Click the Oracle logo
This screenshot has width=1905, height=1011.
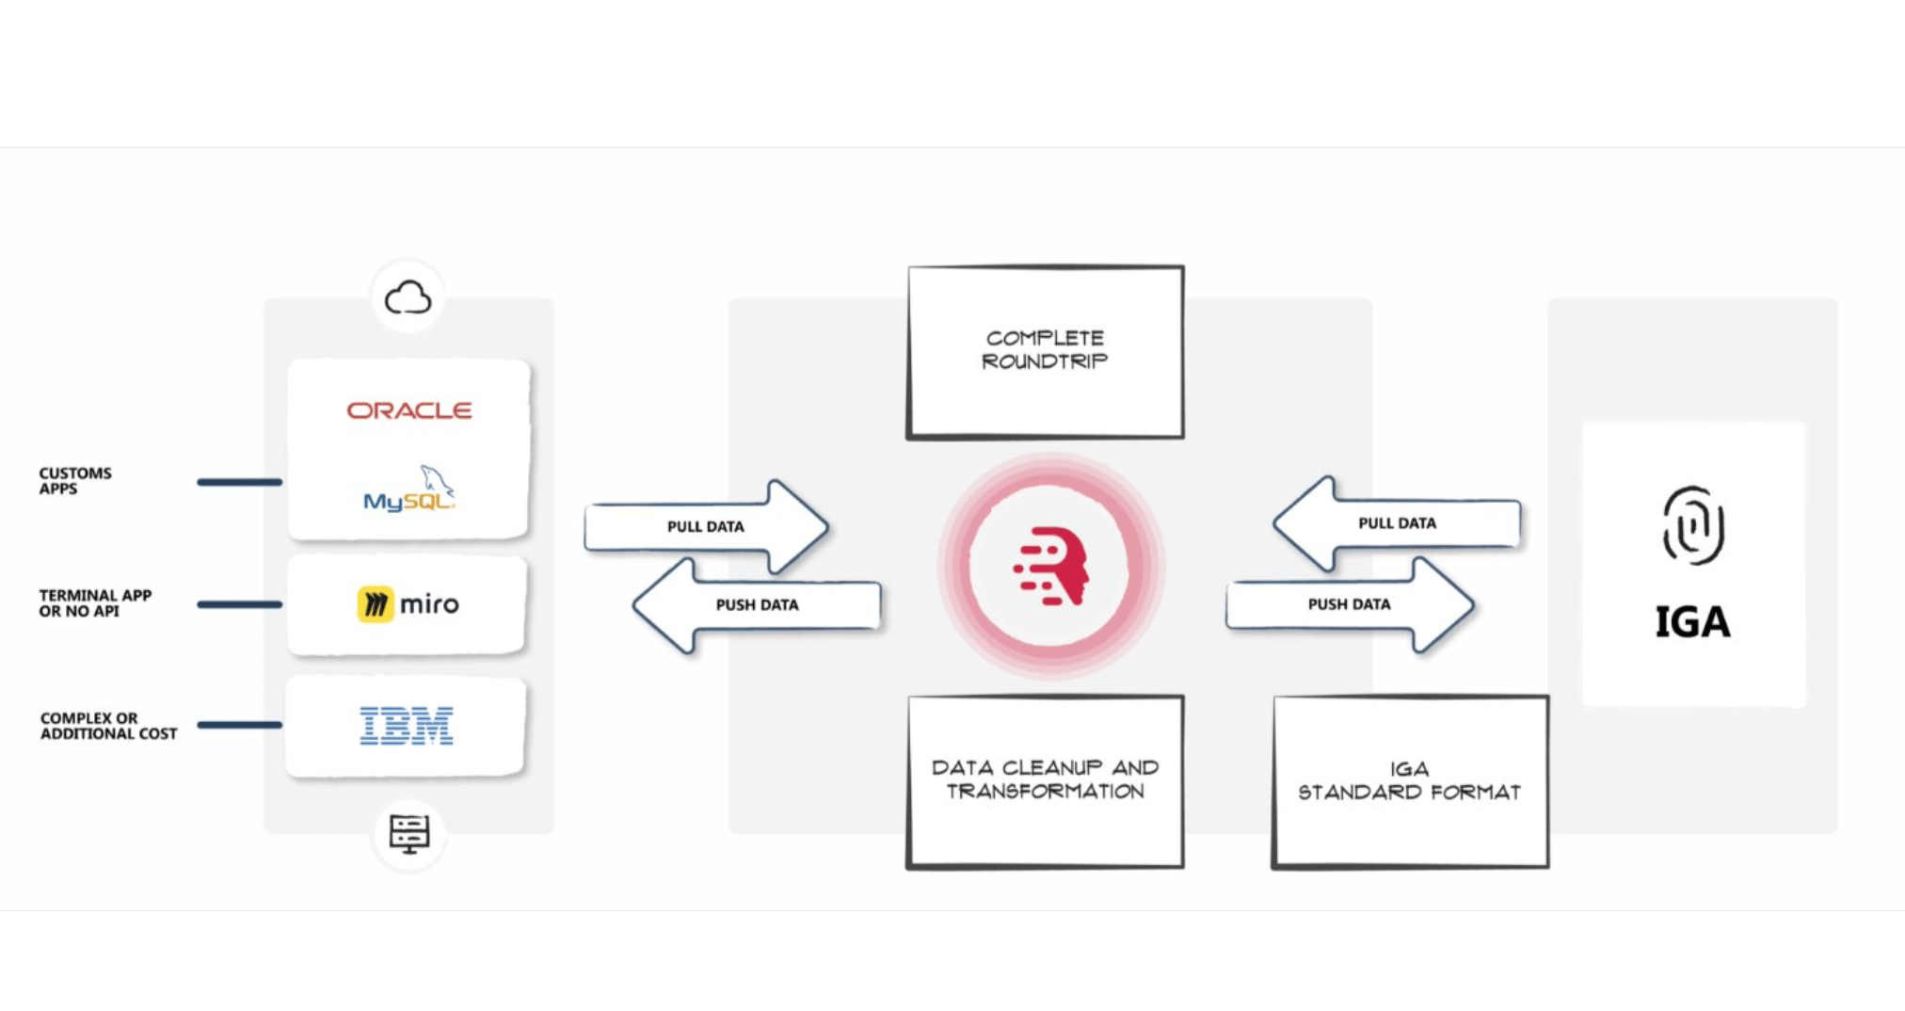(409, 410)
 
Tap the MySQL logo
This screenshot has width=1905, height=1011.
(409, 489)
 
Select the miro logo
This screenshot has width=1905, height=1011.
(408, 604)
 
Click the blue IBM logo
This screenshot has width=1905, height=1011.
(407, 726)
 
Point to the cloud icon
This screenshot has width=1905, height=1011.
(408, 298)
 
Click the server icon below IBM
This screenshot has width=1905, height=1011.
(409, 833)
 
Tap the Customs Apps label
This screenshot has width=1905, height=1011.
(75, 481)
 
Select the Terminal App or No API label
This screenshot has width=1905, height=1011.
(95, 603)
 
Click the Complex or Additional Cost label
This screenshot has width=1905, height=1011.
(108, 726)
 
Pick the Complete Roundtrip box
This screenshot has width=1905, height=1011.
(1045, 352)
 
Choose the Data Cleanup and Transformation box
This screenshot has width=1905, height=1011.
(1045, 781)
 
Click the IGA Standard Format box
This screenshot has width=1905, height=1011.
(1410, 781)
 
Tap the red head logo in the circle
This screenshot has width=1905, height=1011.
(1051, 566)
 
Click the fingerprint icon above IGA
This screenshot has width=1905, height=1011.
(1693, 525)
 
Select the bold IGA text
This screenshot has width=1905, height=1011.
(1692, 622)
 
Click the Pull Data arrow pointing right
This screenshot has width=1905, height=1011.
(706, 527)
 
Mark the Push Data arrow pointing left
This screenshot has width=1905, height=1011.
(757, 605)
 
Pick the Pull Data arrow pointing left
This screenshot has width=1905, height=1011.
(1397, 523)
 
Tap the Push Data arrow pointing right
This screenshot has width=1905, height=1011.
(1350, 604)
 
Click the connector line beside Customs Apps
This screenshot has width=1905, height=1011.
(239, 482)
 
